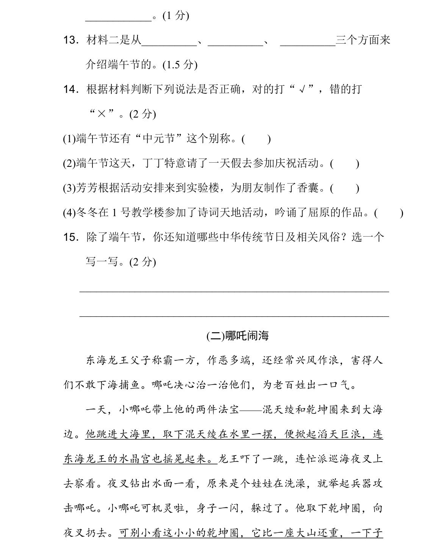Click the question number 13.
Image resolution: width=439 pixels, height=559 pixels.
[x=70, y=40]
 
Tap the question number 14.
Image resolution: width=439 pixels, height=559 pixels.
[x=70, y=90]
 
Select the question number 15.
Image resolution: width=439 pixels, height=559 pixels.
[x=70, y=237]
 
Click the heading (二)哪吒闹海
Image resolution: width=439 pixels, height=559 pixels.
[x=237, y=336]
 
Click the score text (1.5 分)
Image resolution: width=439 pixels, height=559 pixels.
[x=180, y=65]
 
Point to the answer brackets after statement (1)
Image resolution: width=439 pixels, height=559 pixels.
[x=256, y=139]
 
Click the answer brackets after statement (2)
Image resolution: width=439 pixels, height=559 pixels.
[x=345, y=163]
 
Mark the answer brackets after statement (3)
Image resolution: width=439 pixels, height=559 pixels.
[x=344, y=188]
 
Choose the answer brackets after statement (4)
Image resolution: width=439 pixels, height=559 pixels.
[x=389, y=213]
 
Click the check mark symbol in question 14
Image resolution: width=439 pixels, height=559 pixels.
[x=302, y=90]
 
